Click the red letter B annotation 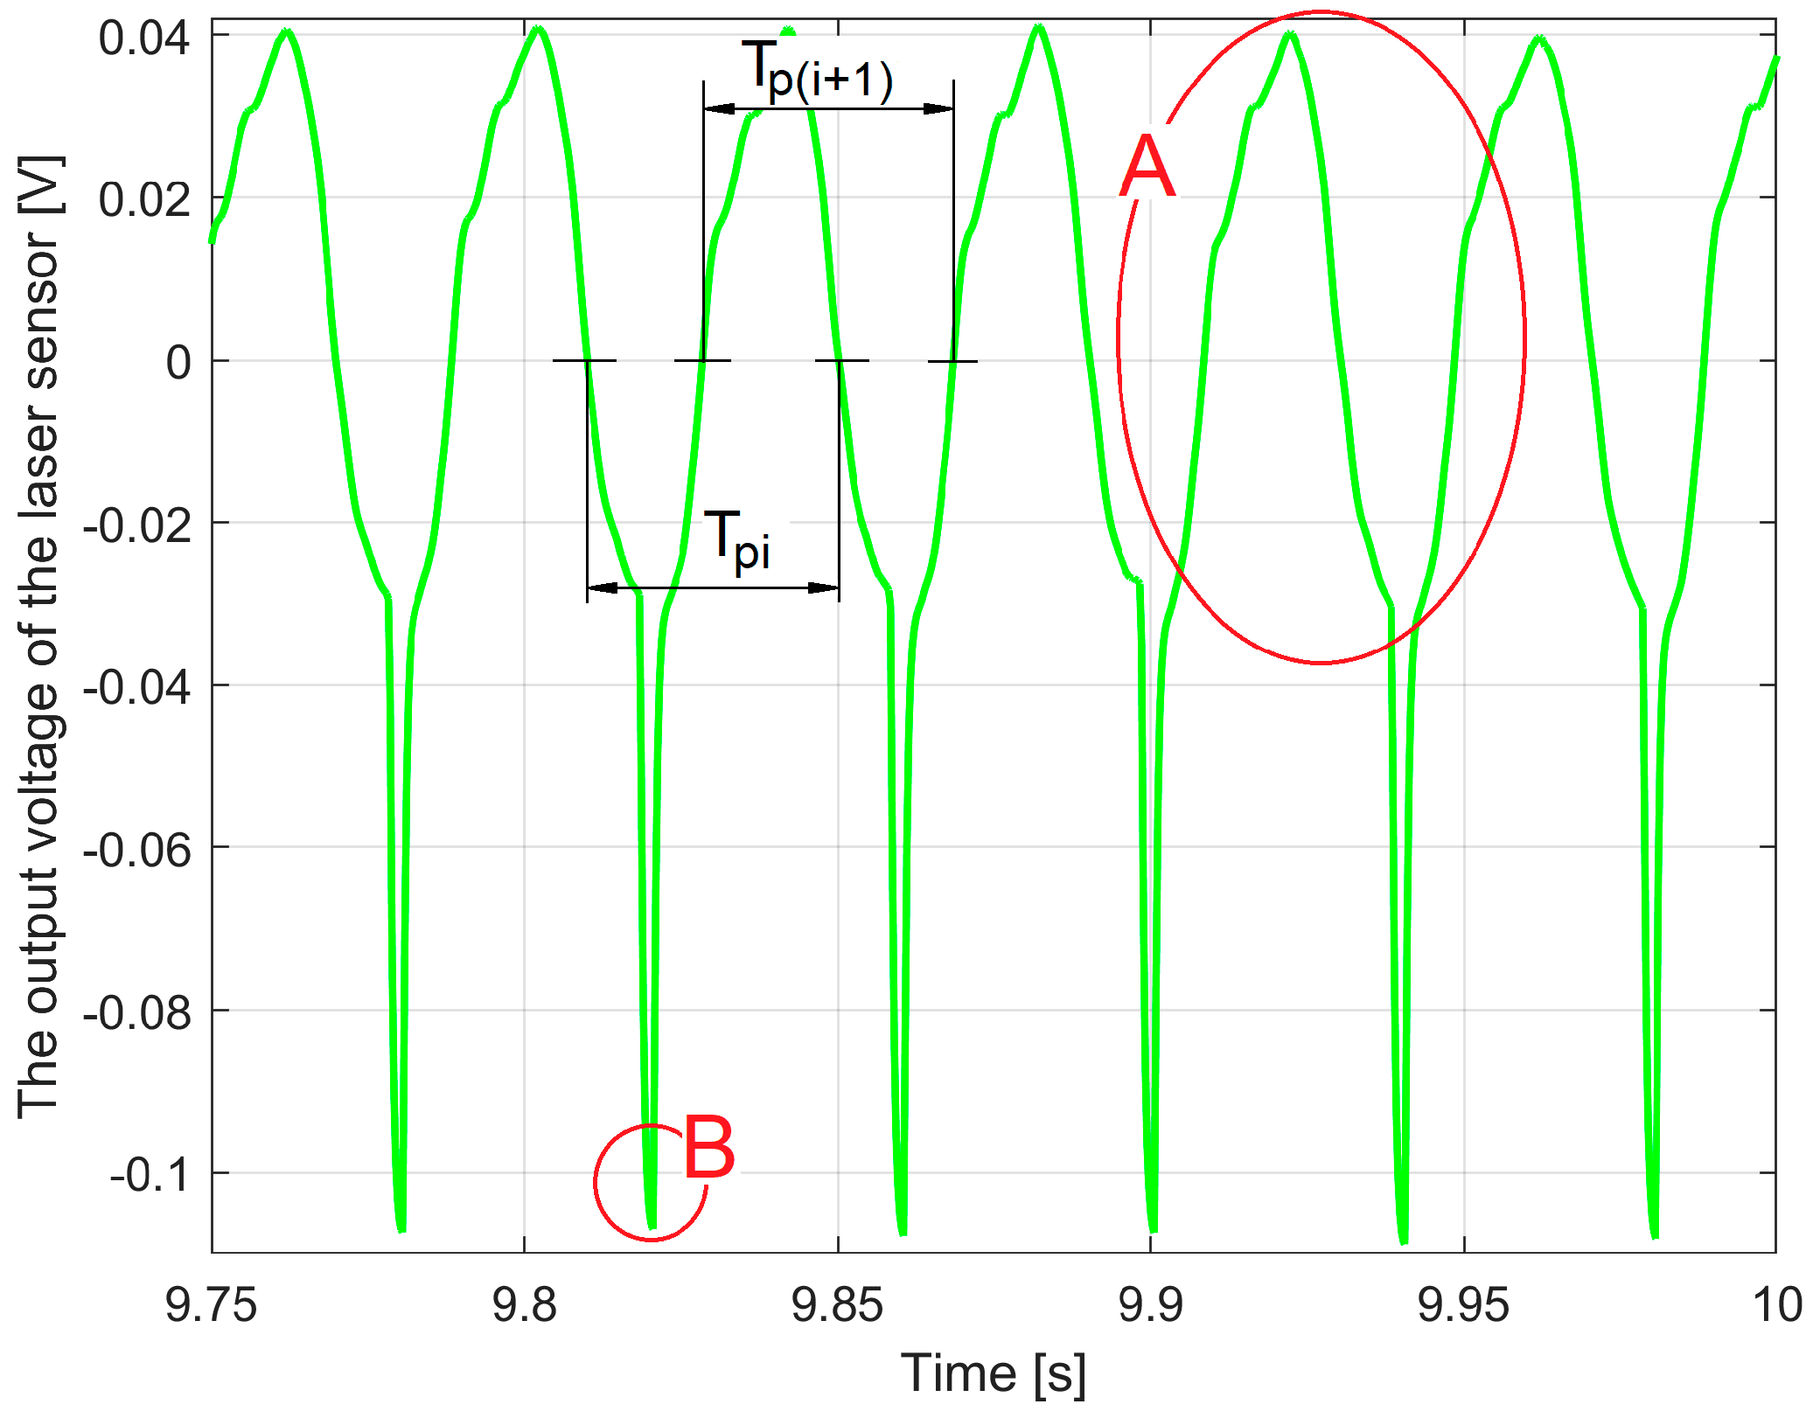[x=708, y=1147]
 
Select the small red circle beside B [x=650, y=1182]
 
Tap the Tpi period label [x=737, y=540]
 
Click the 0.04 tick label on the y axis [x=143, y=38]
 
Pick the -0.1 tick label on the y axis [x=150, y=1174]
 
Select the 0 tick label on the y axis [x=178, y=362]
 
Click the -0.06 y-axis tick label [x=137, y=849]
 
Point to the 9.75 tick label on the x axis [x=211, y=1306]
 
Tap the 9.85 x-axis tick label [x=837, y=1306]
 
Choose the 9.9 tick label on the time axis [x=1150, y=1306]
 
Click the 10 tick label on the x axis [x=1776, y=1306]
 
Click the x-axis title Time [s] [x=994, y=1373]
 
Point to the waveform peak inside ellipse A [x=1290, y=35]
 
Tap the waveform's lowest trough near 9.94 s [x=1403, y=1240]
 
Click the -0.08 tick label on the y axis [x=137, y=1012]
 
